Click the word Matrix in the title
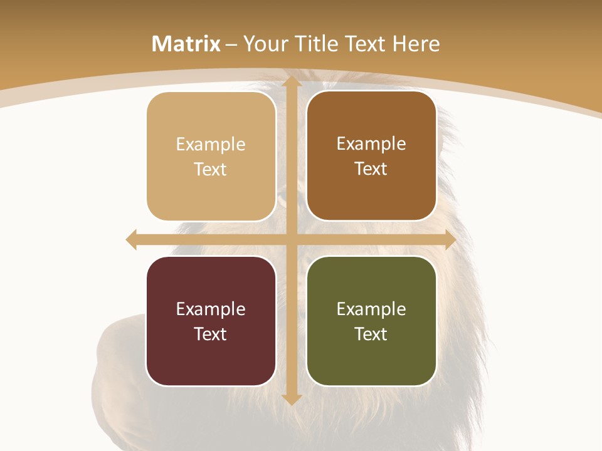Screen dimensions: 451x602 (x=186, y=44)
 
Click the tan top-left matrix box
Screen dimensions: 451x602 (x=211, y=157)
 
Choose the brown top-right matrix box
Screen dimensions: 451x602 (x=371, y=156)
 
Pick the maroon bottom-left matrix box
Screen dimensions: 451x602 (x=211, y=321)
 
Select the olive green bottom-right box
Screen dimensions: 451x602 (x=371, y=321)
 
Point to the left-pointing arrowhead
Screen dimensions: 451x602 (x=132, y=240)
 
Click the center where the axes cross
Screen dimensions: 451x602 (x=291, y=240)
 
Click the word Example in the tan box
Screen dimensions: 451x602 (x=211, y=145)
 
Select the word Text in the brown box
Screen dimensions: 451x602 (x=371, y=169)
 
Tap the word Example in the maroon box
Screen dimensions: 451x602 (x=211, y=309)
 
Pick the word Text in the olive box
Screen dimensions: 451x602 (x=371, y=334)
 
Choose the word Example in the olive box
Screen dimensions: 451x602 (x=371, y=309)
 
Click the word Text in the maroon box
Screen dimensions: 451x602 (x=211, y=334)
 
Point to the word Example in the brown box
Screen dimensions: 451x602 (x=371, y=144)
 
